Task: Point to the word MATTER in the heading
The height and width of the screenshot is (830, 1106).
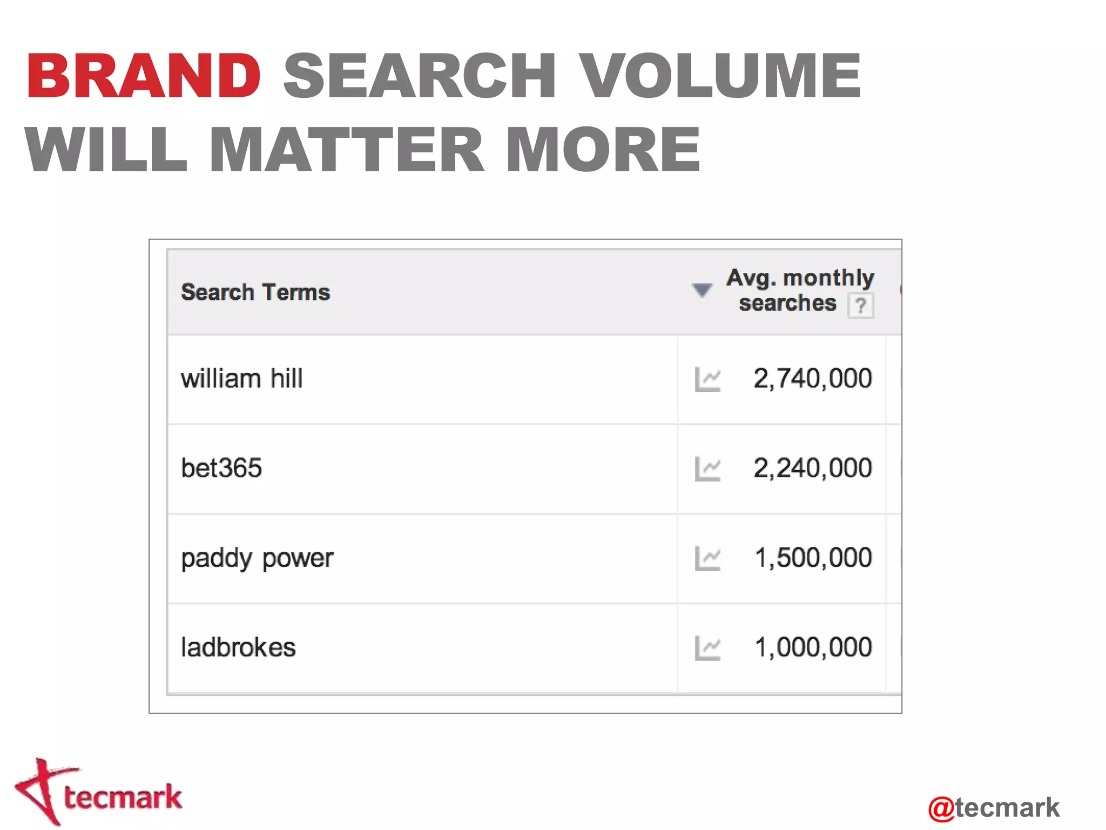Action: click(x=346, y=150)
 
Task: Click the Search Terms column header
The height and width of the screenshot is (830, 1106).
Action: click(x=255, y=292)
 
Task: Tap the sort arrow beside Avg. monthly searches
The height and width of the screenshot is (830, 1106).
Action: click(x=702, y=290)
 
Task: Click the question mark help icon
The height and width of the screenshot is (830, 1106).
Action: click(x=861, y=306)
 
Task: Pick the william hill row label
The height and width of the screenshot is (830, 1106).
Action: click(x=241, y=378)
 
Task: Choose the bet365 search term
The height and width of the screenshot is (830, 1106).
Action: click(x=221, y=468)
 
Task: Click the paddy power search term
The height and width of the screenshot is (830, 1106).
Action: click(x=257, y=558)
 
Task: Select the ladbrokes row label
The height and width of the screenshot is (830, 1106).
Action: click(x=238, y=647)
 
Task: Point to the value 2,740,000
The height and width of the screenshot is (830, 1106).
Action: click(x=812, y=378)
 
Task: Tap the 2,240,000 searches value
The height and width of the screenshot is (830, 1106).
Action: click(x=812, y=468)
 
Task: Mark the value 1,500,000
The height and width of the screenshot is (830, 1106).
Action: click(x=813, y=558)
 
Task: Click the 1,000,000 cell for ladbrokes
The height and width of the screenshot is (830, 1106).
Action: click(x=813, y=647)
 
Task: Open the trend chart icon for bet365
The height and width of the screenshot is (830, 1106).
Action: click(x=707, y=468)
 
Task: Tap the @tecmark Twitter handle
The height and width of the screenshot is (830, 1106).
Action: click(x=994, y=808)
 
